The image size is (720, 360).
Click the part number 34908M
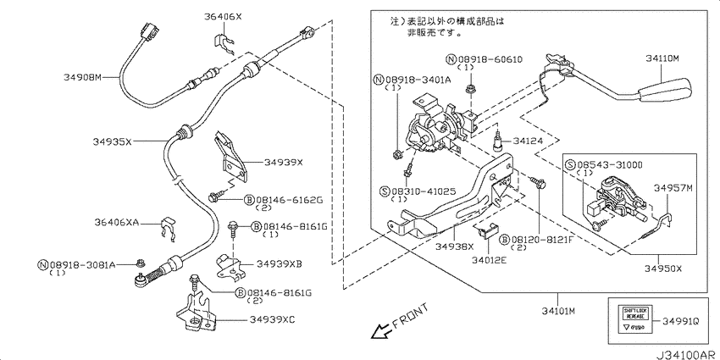click(x=82, y=77)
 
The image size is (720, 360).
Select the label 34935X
click(x=112, y=141)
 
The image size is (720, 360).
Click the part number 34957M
click(x=673, y=187)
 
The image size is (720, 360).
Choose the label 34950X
click(x=662, y=268)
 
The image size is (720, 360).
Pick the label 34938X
click(x=454, y=246)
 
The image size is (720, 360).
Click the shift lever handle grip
click(x=668, y=89)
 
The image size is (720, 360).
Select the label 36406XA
click(x=117, y=222)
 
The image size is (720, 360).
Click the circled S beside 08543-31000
click(x=570, y=163)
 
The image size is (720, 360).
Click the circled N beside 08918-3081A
click(x=42, y=265)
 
